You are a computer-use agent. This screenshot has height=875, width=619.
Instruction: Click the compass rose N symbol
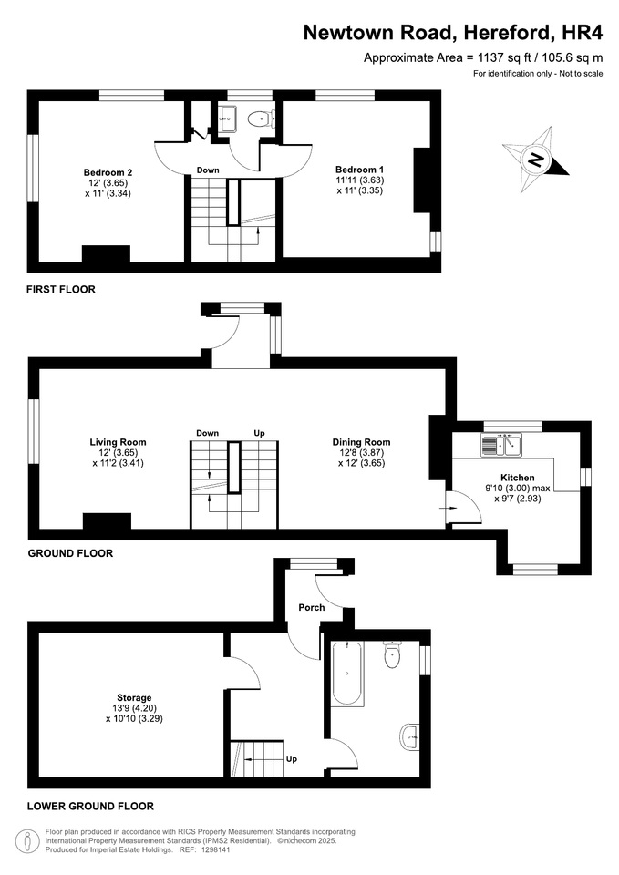[536, 160]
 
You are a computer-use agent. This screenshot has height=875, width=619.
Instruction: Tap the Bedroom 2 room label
[108, 172]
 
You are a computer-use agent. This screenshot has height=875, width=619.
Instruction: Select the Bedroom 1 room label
[359, 170]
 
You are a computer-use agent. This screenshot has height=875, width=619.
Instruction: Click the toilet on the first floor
[261, 118]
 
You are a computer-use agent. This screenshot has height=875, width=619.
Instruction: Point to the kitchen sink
[500, 445]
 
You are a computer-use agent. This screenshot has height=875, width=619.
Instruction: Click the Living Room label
[118, 442]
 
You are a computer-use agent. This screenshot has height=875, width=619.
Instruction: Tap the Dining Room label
[361, 442]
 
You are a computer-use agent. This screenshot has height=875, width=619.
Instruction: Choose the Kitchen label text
[518, 478]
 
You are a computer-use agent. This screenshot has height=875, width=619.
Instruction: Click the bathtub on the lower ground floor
[347, 674]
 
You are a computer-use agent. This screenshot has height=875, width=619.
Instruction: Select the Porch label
[312, 607]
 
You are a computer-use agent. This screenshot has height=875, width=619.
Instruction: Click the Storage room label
[134, 697]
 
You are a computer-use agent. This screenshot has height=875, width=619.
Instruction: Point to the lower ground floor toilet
[392, 655]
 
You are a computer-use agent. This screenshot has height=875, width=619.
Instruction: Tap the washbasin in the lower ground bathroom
[409, 737]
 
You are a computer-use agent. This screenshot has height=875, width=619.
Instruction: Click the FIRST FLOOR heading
[61, 289]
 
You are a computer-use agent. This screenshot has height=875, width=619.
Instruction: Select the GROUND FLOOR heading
[70, 553]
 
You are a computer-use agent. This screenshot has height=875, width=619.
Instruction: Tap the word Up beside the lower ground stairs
[292, 759]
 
